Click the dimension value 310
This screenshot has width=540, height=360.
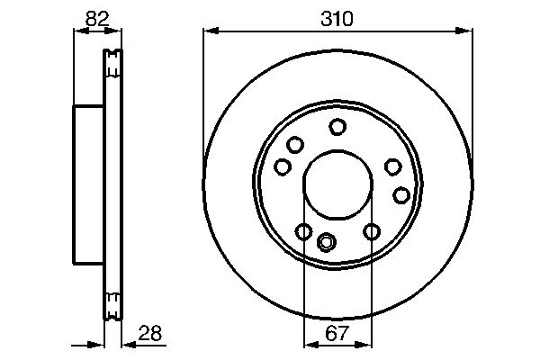pyautogui.click(x=337, y=19)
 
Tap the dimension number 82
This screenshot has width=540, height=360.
pyautogui.click(x=97, y=19)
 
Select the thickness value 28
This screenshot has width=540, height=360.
pyautogui.click(x=150, y=333)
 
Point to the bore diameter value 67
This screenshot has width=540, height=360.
pyautogui.click(x=337, y=333)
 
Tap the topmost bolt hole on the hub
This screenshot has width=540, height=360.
pyautogui.click(x=337, y=127)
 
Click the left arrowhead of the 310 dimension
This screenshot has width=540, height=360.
pyautogui.click(x=211, y=31)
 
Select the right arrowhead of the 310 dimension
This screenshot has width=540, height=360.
pyautogui.click(x=464, y=31)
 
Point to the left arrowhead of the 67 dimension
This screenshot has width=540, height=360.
pyautogui.click(x=312, y=345)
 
